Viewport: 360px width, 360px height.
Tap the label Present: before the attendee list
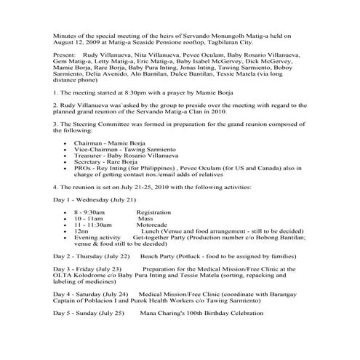click(x=64, y=75)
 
